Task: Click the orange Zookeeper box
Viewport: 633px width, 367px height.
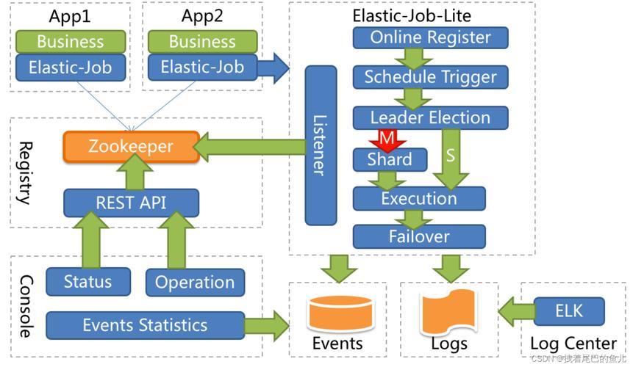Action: tap(131, 146)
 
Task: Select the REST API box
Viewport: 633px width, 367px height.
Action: tap(131, 202)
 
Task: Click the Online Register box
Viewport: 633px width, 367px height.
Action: tap(430, 37)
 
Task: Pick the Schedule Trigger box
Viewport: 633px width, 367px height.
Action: tap(430, 77)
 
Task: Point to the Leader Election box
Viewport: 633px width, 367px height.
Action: tap(430, 117)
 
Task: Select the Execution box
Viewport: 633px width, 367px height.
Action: tap(419, 198)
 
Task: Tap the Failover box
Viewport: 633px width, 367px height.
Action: tap(419, 236)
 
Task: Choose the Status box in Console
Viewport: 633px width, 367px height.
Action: tap(88, 282)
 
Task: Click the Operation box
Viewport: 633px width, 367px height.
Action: tap(195, 283)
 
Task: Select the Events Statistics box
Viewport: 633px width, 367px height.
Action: tap(145, 325)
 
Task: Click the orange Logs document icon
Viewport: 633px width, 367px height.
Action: tap(448, 312)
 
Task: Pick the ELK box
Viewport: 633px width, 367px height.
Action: tap(569, 310)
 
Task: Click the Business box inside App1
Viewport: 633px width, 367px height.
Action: tap(71, 41)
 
